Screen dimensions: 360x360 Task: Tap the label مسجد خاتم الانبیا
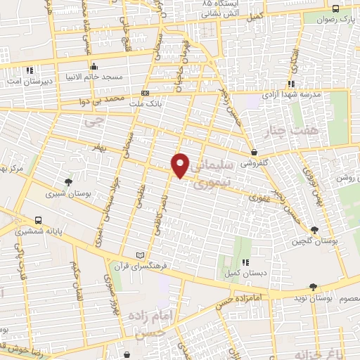click(99, 76)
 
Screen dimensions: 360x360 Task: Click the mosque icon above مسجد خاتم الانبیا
click(94, 67)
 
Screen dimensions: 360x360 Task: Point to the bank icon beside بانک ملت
click(146, 94)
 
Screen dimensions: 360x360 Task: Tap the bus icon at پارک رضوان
click(335, 9)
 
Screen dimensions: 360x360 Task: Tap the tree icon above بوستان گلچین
click(314, 230)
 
